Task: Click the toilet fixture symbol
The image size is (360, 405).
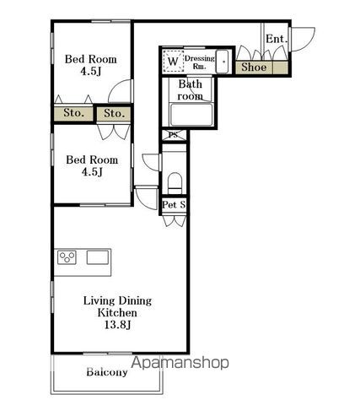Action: coord(175,183)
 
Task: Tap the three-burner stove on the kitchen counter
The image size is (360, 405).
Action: coord(67,257)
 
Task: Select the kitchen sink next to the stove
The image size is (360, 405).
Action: coord(98,257)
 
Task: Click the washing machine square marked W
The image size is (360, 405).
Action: coord(174,61)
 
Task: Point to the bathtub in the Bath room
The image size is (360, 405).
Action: coord(191,115)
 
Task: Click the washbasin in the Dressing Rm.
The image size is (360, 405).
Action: coord(223,62)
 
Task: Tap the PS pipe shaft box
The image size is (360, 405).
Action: coord(174,135)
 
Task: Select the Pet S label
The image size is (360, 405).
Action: coord(174,204)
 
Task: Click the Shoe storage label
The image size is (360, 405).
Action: coord(254,67)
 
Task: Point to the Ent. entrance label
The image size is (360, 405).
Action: coord(277,39)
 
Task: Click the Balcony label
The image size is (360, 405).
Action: coord(107,372)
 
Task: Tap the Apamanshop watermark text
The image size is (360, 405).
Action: coord(180,363)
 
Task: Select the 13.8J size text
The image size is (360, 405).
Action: coord(117,325)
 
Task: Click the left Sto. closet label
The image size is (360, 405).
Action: coord(73,113)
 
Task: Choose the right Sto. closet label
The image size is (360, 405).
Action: coord(114,113)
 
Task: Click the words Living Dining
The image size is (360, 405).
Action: coord(117,301)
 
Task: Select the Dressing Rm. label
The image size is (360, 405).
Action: coord(200,62)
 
